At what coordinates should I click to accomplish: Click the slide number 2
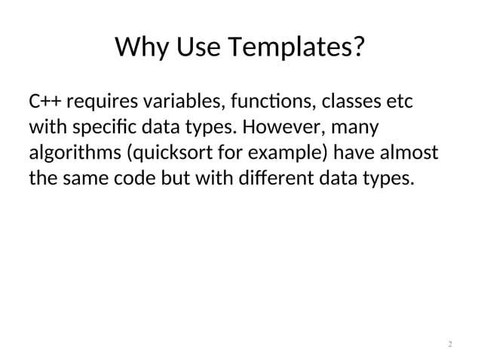[x=450, y=344]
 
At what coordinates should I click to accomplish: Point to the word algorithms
[x=73, y=154]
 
